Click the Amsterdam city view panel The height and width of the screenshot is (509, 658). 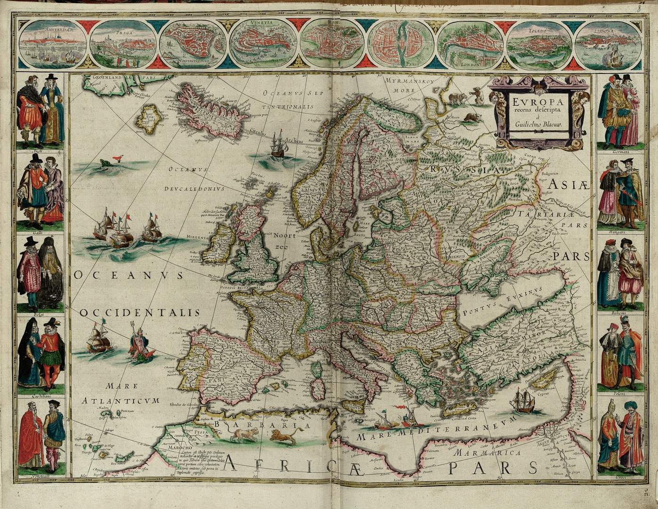click(53, 44)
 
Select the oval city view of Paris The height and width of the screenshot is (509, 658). click(400, 44)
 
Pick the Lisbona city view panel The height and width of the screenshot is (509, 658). click(609, 44)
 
